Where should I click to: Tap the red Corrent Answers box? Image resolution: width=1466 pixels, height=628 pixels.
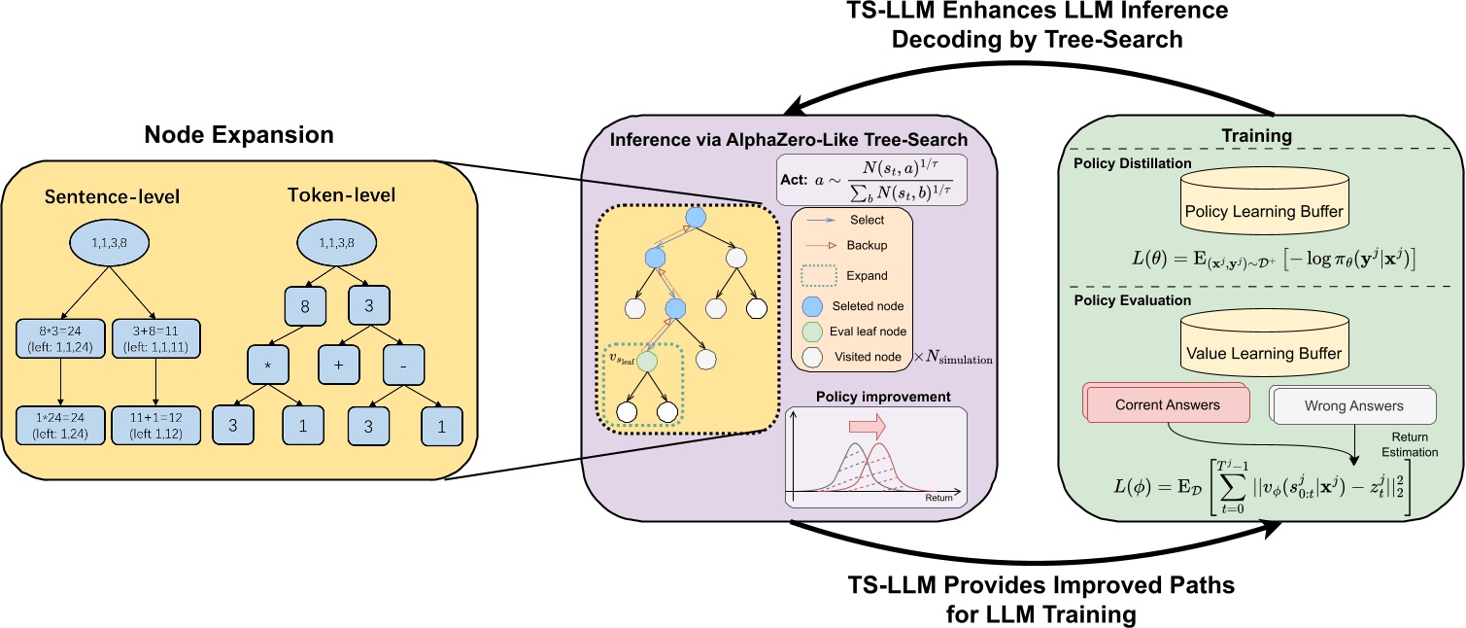(x=1167, y=404)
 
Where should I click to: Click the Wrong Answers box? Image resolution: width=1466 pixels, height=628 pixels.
(x=1353, y=405)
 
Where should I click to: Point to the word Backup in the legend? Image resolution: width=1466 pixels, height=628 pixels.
(x=867, y=247)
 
